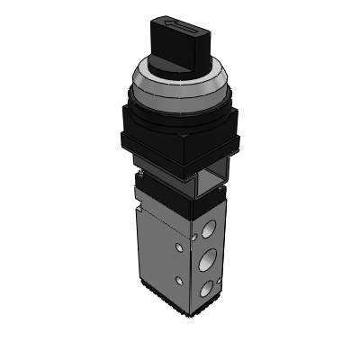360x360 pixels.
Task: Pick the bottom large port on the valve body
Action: pos(208,288)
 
